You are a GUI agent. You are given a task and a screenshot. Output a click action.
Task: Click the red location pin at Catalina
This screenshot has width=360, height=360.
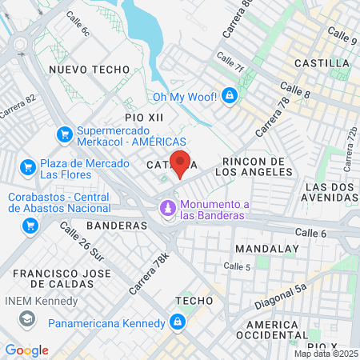180,162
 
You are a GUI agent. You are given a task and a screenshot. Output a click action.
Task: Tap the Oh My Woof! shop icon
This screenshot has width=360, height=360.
230,97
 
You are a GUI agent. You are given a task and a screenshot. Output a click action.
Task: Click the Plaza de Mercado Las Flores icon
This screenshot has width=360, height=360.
28,168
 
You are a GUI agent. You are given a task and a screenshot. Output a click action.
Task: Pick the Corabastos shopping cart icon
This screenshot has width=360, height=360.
30,225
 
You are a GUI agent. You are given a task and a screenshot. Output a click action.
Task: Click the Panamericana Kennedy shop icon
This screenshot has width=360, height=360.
178,323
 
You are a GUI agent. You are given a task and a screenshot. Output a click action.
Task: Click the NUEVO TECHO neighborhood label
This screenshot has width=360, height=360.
83,70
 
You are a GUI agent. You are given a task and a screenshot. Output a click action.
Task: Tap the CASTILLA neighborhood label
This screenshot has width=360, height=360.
322,62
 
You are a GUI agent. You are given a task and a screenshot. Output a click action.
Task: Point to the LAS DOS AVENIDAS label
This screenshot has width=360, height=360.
330,193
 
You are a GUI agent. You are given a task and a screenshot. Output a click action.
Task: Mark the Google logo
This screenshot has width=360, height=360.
26,350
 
